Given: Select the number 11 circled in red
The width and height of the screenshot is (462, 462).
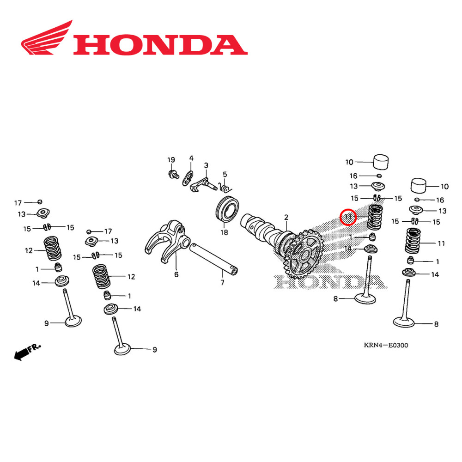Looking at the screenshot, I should [x=348, y=216].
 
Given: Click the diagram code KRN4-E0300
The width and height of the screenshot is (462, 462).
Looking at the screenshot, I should [x=385, y=345].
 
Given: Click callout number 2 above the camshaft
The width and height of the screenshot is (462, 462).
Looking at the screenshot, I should [x=286, y=217].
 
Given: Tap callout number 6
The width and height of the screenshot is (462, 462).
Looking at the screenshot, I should [x=176, y=274].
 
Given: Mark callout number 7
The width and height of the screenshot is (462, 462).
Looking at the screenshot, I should [x=222, y=282].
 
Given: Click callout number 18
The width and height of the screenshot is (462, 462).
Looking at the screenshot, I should [x=224, y=232].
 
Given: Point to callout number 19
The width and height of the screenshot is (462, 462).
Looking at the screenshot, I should [x=171, y=160].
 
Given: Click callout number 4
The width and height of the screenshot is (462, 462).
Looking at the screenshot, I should [x=191, y=158].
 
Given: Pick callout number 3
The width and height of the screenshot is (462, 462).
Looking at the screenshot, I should [x=206, y=165].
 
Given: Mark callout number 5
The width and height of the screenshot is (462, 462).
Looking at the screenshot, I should [x=225, y=174].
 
